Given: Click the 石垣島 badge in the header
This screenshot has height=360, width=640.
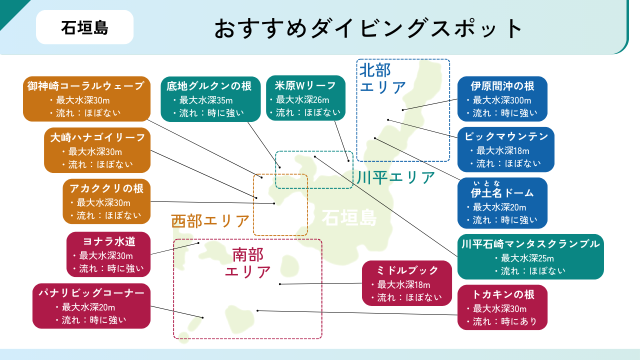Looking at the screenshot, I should (84, 27).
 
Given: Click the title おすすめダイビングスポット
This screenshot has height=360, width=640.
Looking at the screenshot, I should (368, 28).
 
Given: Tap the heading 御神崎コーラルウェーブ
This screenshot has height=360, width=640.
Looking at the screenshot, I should (86, 86).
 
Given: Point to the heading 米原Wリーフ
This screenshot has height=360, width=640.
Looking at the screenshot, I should (305, 85).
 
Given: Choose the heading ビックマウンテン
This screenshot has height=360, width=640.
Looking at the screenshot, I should (506, 136).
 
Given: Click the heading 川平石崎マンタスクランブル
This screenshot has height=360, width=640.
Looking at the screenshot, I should (530, 244).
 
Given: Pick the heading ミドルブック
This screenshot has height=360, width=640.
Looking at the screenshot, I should (406, 270).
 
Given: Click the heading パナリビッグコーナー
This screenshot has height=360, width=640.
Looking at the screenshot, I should (91, 293).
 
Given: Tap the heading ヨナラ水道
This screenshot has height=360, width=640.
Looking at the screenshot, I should (109, 241).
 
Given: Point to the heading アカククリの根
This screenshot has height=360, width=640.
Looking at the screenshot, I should (106, 188).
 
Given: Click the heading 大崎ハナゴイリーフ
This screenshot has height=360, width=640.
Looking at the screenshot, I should (97, 137).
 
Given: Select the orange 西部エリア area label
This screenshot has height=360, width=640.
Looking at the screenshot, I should (210, 220).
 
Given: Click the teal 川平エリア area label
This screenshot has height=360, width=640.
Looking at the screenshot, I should (396, 177).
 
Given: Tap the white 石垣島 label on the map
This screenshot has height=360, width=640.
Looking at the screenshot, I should (349, 218).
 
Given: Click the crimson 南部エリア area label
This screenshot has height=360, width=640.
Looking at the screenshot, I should (248, 263).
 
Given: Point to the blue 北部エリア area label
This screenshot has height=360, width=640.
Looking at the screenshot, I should (383, 78).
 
